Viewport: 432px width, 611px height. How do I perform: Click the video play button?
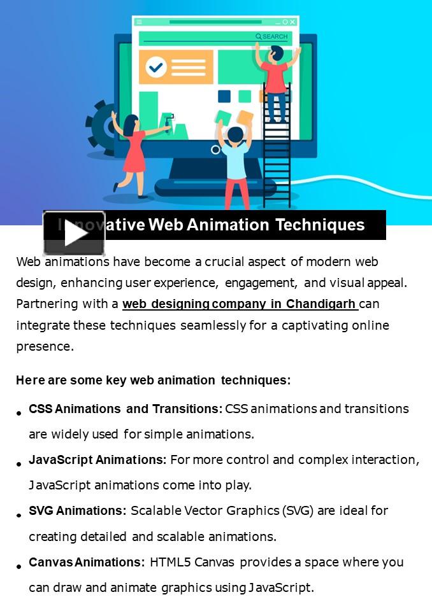(74, 233)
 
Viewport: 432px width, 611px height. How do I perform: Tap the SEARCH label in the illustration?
(272, 37)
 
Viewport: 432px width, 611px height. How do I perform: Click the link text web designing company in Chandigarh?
(239, 304)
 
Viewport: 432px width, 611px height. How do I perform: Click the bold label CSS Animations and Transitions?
(126, 409)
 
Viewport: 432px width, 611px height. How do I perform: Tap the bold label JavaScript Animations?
(97, 460)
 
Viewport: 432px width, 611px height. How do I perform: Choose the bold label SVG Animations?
(78, 510)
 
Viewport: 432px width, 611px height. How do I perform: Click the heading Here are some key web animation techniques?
(153, 381)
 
